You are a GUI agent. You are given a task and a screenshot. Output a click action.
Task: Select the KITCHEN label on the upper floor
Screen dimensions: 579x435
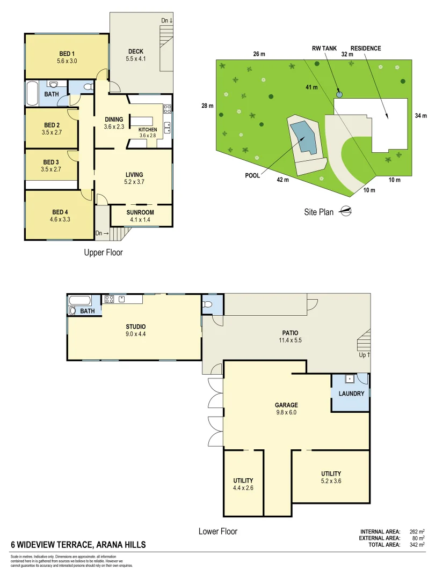[x=147, y=130]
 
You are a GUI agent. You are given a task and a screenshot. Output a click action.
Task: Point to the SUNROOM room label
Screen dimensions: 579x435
[x=140, y=212]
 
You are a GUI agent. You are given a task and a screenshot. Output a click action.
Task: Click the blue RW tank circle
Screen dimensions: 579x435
[x=339, y=94]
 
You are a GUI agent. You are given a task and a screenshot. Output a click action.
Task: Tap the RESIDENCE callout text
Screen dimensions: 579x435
[x=365, y=48]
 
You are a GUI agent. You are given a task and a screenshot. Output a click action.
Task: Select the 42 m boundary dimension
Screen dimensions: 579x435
[x=282, y=180]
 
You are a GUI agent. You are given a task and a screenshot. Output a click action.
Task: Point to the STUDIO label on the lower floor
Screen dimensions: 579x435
[x=136, y=326]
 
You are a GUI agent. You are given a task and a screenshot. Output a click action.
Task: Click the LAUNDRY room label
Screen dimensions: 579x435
[x=351, y=394]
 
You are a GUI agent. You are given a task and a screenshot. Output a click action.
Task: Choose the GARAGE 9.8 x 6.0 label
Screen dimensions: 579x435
[x=286, y=409]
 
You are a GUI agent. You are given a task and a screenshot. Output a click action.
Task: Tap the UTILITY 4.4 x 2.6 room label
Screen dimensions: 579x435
[x=243, y=484]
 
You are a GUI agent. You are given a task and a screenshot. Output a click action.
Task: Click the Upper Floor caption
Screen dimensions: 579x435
[x=103, y=252]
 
